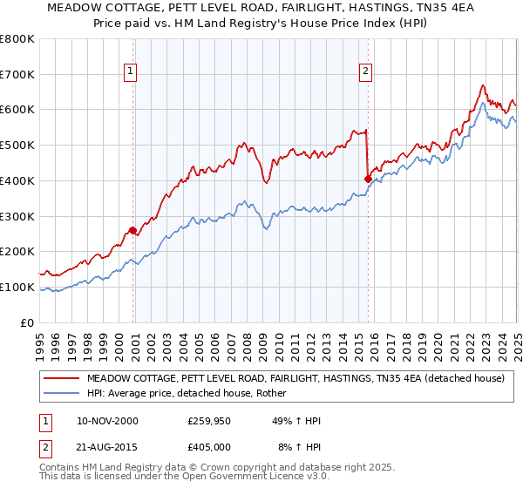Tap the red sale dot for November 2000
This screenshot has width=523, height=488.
[133, 231]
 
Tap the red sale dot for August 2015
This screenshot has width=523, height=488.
[368, 180]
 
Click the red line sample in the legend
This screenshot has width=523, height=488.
[62, 379]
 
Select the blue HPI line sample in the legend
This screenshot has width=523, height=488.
[62, 394]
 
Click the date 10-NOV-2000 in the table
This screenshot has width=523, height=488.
[107, 421]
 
